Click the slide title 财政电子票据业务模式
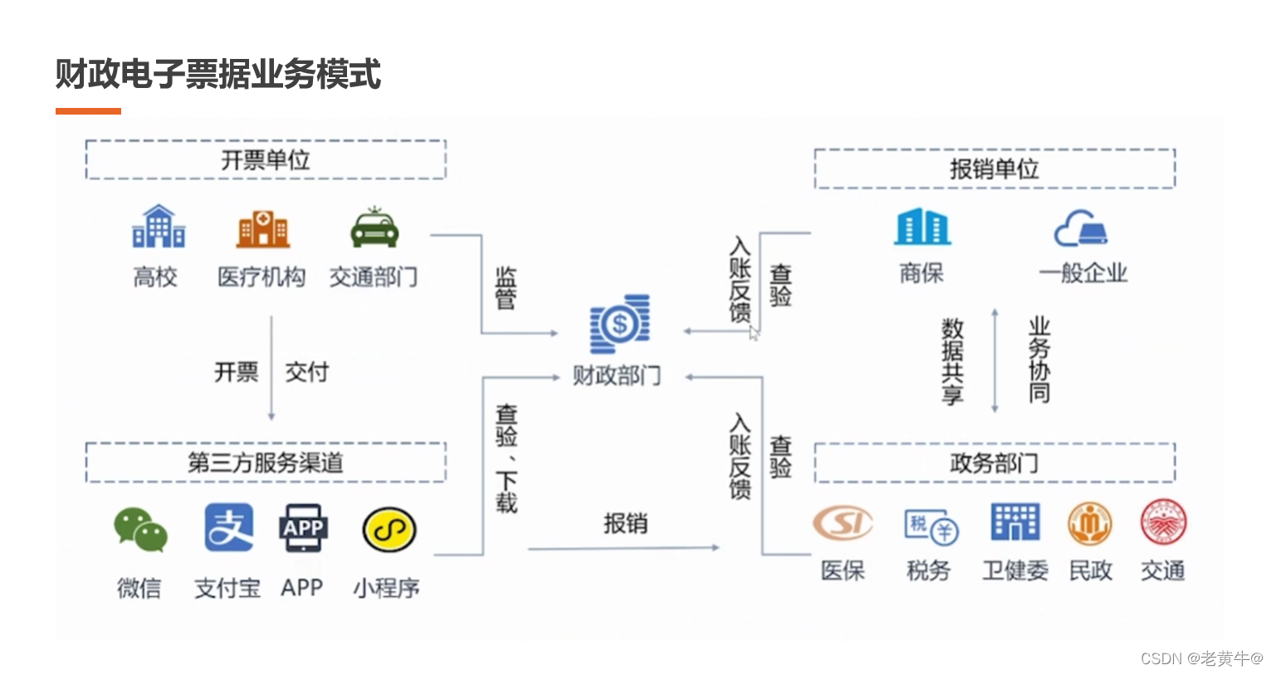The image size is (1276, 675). pyautogui.click(x=218, y=74)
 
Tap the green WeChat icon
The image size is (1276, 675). pyautogui.click(x=140, y=530)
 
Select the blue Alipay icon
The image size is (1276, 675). pyautogui.click(x=228, y=528)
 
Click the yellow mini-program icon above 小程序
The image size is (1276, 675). pyautogui.click(x=389, y=530)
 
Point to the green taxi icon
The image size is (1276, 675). pyautogui.click(x=374, y=228)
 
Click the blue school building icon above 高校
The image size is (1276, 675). pyautogui.click(x=158, y=227)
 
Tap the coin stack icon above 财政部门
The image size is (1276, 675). pyautogui.click(x=619, y=324)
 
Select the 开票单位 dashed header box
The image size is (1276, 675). pyautogui.click(x=266, y=159)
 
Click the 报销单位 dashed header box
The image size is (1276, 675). pyautogui.click(x=994, y=169)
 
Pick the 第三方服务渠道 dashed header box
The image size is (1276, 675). pyautogui.click(x=266, y=462)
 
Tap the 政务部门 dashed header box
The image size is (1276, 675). pyautogui.click(x=994, y=462)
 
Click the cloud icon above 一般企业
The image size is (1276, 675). pyautogui.click(x=1081, y=228)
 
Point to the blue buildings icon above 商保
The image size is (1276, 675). pyautogui.click(x=922, y=227)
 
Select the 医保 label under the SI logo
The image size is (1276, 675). pyautogui.click(x=843, y=571)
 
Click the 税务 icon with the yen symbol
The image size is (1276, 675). pyautogui.click(x=931, y=526)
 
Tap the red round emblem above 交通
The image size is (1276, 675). pyautogui.click(x=1163, y=523)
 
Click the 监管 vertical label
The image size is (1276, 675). pyautogui.click(x=506, y=287)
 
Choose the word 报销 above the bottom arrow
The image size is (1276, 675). pyautogui.click(x=625, y=523)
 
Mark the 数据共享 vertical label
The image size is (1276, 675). pyautogui.click(x=952, y=361)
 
